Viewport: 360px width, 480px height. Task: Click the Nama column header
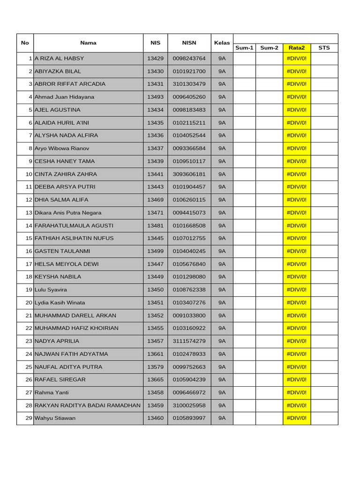pos(88,43)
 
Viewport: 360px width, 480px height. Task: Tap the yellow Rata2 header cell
pos(297,47)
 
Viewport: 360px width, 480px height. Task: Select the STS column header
pos(324,47)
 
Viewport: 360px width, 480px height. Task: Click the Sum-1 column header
pos(244,47)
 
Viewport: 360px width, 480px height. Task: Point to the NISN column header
pos(189,43)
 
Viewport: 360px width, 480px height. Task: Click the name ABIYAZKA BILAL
pos(58,71)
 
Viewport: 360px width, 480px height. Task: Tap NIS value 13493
pos(155,97)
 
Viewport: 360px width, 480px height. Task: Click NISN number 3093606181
pos(189,174)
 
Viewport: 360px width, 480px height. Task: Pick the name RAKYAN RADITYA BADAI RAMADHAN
pos(88,405)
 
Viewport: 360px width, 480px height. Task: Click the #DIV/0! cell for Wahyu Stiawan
pos(297,418)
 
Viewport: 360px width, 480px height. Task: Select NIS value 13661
pos(155,354)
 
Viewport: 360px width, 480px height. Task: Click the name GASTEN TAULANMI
pos(62,251)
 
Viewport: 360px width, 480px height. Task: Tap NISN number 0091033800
pos(189,315)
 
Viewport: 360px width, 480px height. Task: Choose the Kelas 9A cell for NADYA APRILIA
pos(222,341)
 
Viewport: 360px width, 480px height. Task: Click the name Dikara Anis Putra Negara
pos(68,213)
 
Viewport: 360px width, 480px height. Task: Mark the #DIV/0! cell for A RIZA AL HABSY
pos(297,59)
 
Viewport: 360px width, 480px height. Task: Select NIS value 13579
pos(155,367)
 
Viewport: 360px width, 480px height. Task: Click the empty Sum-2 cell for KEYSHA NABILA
pos(269,277)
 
